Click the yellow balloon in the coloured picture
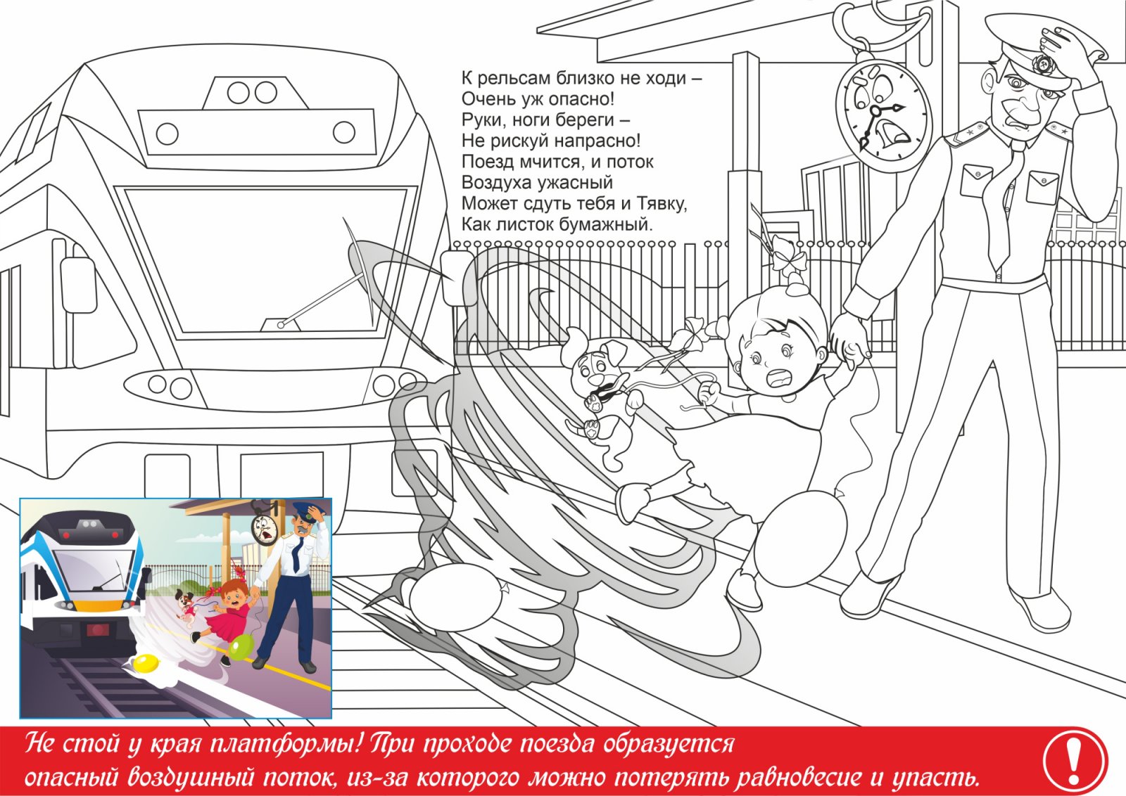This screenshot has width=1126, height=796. (x=146, y=664)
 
